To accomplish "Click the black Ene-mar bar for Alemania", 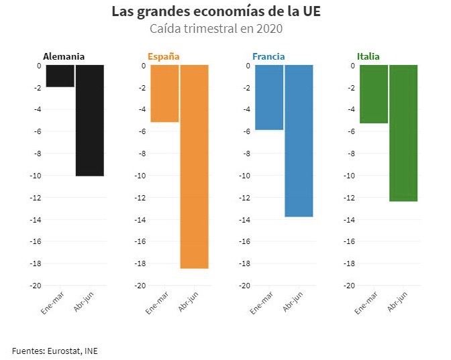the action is point(60,76).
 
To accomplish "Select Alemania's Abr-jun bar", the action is point(90,121).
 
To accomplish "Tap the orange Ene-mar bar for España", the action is point(164,94).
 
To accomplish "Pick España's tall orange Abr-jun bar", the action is point(195,167).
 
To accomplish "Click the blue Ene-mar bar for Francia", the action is point(269,97).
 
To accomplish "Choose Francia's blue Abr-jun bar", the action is point(299,141).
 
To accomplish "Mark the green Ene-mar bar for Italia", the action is point(374,95).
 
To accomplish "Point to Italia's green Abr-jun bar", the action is point(403,133).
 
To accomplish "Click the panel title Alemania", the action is point(64,56).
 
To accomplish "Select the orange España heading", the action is point(164,56).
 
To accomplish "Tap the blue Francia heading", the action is point(268,56).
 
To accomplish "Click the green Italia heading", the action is point(368,56).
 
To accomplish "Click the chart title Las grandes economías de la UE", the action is point(216,12).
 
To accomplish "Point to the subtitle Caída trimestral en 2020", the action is point(216,29).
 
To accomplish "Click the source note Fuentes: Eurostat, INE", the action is point(54,351).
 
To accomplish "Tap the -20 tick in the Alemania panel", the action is point(36,286).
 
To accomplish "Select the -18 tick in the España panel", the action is point(140,263).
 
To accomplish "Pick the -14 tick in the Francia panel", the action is point(245,220).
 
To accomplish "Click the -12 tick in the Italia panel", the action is point(350,198).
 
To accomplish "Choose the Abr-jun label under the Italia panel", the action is point(397,302).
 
